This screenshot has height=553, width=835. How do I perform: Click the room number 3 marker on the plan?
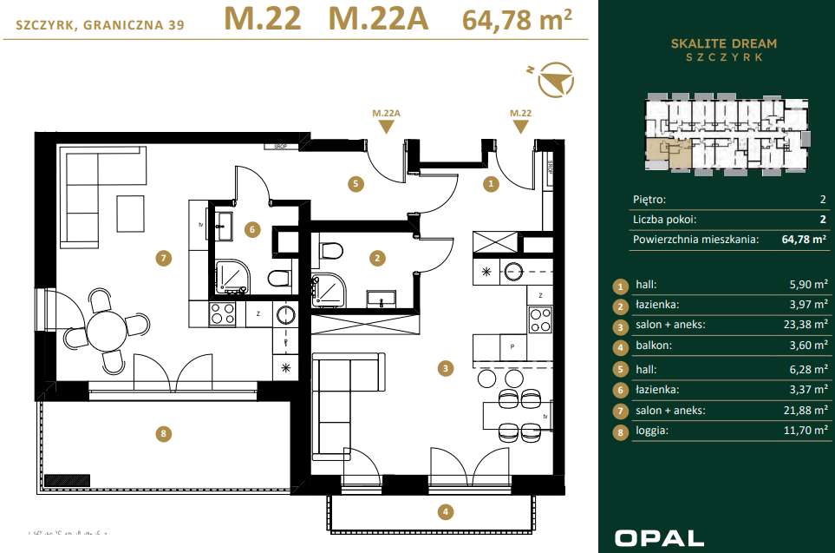coord(446,368)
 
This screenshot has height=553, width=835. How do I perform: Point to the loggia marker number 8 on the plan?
coord(161,435)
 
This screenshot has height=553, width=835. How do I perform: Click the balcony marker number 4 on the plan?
coord(446,512)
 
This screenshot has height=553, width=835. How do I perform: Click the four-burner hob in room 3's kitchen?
coord(539,319)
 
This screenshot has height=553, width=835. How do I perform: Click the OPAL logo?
coord(658,538)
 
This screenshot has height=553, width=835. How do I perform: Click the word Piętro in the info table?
coord(650,199)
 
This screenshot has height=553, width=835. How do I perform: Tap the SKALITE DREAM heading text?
coord(724,43)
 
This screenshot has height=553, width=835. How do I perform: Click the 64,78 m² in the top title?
coord(518,20)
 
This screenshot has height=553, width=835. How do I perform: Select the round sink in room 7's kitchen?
coord(286,314)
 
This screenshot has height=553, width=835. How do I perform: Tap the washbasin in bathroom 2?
coord(381,300)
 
